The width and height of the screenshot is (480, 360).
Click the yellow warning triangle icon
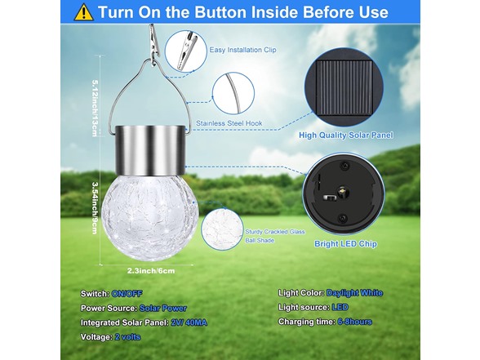coord(83,13)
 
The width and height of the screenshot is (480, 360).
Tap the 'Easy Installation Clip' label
coord(242,50)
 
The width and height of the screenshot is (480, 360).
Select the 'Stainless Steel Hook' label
coord(229,123)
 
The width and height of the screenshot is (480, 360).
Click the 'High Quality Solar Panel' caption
coord(345,136)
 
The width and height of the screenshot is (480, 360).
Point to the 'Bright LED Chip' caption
coord(345,244)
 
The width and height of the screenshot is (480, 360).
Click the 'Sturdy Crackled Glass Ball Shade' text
coord(275,236)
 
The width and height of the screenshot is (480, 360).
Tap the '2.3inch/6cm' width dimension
coord(151,271)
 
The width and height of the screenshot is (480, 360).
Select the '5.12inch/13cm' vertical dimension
coord(96,108)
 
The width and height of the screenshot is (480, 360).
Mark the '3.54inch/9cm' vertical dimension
coord(96,208)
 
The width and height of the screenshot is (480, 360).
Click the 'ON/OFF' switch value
coord(127,294)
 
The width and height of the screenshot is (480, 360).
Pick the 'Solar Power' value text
coord(163,309)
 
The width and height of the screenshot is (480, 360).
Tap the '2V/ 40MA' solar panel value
coord(189,322)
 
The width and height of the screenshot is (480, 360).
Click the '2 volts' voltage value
coord(127,337)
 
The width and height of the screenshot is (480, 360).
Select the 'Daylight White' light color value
coord(354,293)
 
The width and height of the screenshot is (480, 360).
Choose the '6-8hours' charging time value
coord(355,322)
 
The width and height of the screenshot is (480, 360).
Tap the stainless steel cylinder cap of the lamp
coord(150,150)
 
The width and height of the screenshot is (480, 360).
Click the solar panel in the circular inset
coord(344,87)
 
